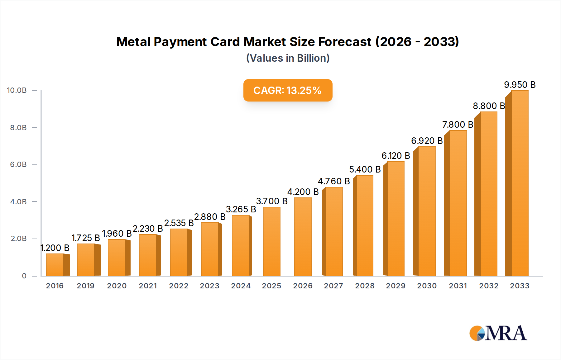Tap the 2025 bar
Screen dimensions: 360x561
[x=271, y=242]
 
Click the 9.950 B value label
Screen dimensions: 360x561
[x=520, y=85]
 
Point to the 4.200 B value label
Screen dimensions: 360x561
[x=303, y=192]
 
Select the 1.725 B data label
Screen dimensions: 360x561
[x=85, y=238]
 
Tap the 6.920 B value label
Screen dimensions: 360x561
[x=427, y=141]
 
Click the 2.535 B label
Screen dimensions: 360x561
[x=179, y=223]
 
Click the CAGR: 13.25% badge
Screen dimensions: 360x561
[x=288, y=90]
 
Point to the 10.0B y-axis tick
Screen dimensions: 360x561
[x=17, y=90]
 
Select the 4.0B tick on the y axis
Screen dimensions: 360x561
[x=18, y=201]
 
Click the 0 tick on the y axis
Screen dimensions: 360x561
[x=24, y=276]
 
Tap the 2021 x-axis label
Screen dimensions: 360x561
[x=148, y=286]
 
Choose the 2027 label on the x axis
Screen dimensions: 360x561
[x=333, y=286]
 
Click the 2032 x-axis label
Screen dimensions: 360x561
[x=489, y=286]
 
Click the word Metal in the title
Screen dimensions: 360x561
[x=133, y=42]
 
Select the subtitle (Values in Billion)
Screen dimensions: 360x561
[x=288, y=58]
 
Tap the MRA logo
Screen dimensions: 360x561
[x=498, y=333]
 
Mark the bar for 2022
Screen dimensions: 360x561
[x=179, y=253]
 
